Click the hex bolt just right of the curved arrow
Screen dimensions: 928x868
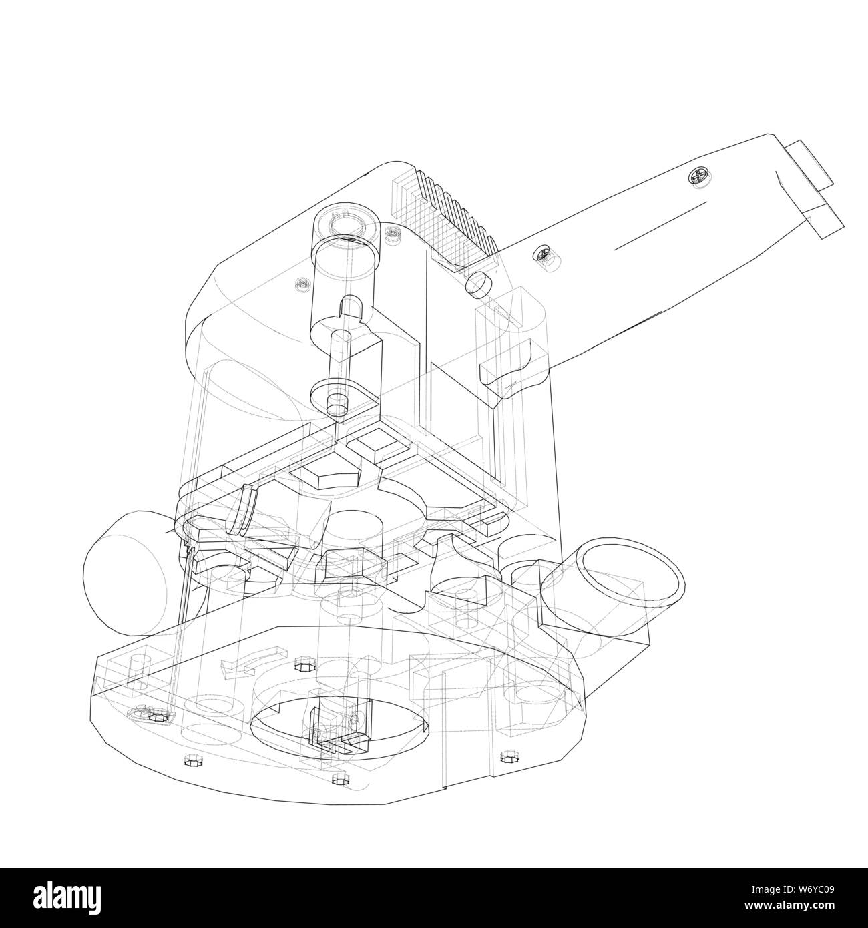point(302,664)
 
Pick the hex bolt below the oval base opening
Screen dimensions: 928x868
point(339,778)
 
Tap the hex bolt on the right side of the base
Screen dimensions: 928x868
point(510,756)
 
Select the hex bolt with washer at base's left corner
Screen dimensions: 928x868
point(158,716)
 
